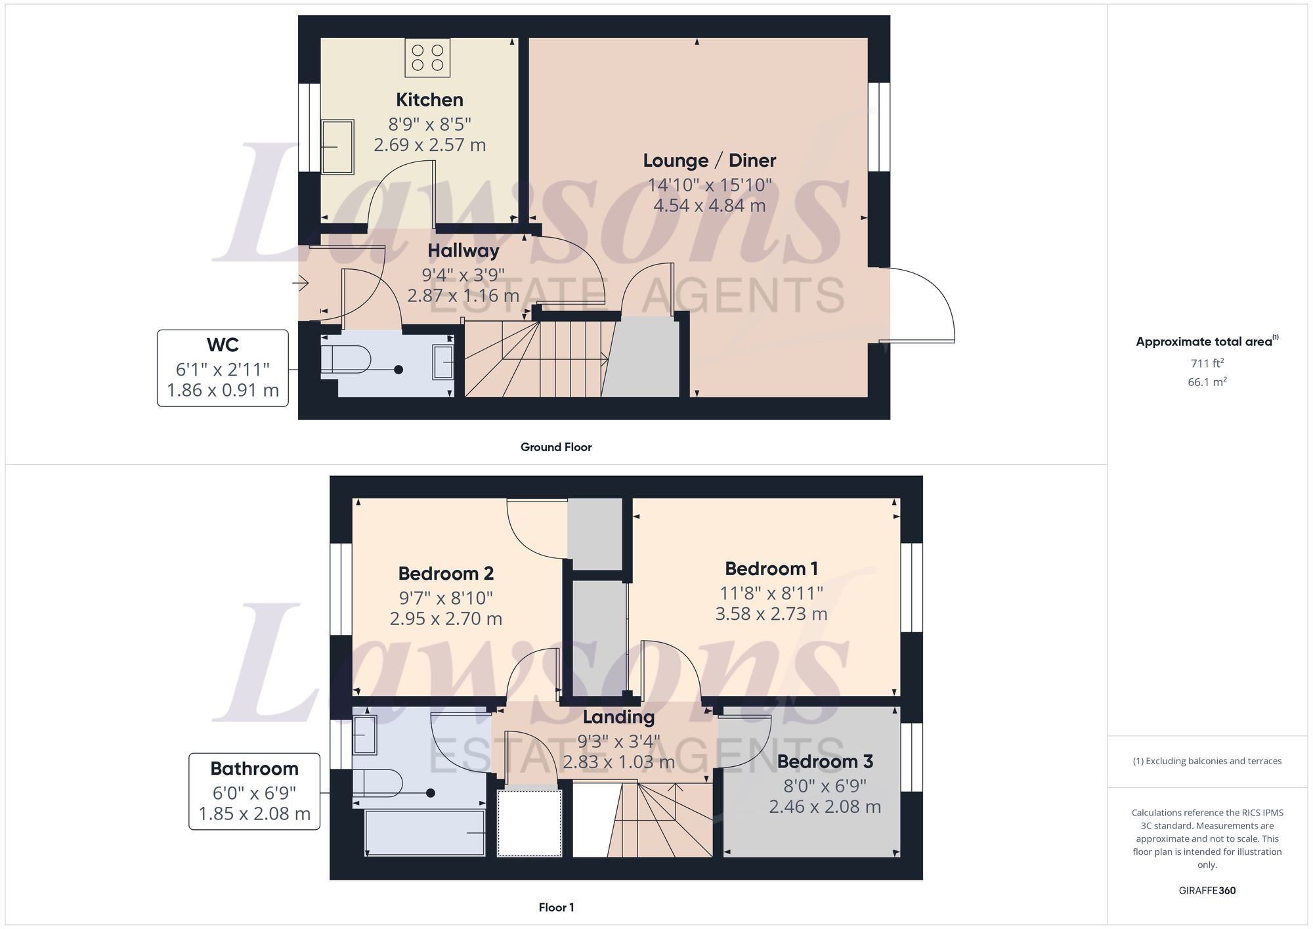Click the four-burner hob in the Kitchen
[427, 57]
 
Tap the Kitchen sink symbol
[337, 146]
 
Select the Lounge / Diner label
[709, 160]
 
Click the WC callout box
[223, 368]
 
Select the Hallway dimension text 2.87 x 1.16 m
[463, 295]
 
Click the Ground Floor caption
[556, 447]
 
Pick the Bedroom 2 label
[446, 573]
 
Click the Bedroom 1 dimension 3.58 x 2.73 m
[771, 614]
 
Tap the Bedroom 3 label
[825, 762]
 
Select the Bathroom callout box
[254, 791]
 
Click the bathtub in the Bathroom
[425, 832]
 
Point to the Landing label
[618, 717]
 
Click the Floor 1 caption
[556, 907]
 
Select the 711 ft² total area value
[1207, 363]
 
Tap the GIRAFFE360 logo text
[1207, 890]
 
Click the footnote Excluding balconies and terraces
[1207, 761]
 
